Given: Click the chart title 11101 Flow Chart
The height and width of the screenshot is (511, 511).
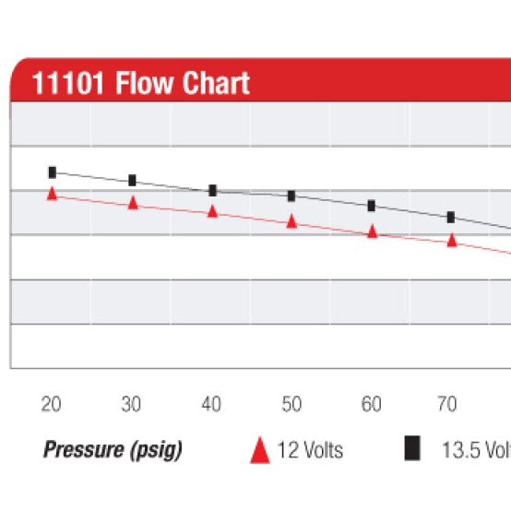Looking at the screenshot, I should click(x=140, y=84).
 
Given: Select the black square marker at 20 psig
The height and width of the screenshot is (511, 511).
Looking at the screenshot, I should click(x=53, y=172).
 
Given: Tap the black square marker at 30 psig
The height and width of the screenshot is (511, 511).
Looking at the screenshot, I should click(x=132, y=180).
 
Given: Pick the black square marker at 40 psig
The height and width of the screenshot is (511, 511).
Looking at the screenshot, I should click(x=212, y=190).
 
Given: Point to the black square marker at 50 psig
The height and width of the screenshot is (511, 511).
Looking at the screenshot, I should click(x=291, y=196).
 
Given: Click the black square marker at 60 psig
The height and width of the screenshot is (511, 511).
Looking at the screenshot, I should click(x=372, y=205).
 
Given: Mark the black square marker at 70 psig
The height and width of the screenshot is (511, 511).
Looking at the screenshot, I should click(x=451, y=217).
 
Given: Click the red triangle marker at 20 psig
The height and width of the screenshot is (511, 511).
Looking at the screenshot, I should click(x=53, y=194).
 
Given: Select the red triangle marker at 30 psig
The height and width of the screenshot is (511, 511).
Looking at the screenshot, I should click(x=133, y=203).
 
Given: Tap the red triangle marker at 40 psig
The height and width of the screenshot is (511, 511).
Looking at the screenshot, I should click(x=212, y=211).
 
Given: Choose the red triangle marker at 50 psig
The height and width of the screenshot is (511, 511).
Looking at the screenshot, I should click(x=291, y=221).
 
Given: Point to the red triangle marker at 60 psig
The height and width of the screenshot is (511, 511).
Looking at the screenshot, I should click(x=372, y=232).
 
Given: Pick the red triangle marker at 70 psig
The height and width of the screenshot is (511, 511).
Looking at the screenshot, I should click(x=452, y=240).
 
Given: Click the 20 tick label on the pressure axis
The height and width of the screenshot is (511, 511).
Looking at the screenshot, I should click(x=52, y=404).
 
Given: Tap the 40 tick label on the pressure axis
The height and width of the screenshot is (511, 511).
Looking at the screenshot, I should click(x=211, y=404).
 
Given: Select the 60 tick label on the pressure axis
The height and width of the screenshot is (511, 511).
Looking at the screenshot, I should click(x=371, y=404).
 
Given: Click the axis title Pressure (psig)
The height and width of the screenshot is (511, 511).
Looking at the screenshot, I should click(x=113, y=450).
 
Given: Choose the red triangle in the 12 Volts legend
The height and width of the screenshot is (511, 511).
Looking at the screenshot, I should click(x=260, y=450).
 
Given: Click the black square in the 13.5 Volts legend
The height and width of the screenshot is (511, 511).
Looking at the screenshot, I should click(x=412, y=449).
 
